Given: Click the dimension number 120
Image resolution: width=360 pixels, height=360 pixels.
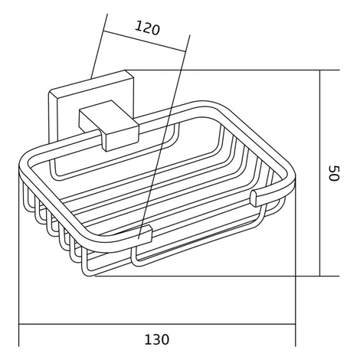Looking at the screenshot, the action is [147, 28].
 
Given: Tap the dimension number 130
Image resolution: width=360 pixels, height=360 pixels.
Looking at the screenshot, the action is [157, 339].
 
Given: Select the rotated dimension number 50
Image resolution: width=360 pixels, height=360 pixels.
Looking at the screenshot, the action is [334, 173].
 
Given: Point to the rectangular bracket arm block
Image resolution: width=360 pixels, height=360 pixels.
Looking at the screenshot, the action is [110, 125].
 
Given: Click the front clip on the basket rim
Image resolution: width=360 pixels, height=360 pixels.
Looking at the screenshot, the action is [146, 233].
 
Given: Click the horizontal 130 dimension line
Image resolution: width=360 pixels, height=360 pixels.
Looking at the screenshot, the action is [157, 325].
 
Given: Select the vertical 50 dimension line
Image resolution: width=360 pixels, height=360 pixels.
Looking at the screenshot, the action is [320, 173].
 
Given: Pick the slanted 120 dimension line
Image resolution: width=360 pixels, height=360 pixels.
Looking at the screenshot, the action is [144, 41].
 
